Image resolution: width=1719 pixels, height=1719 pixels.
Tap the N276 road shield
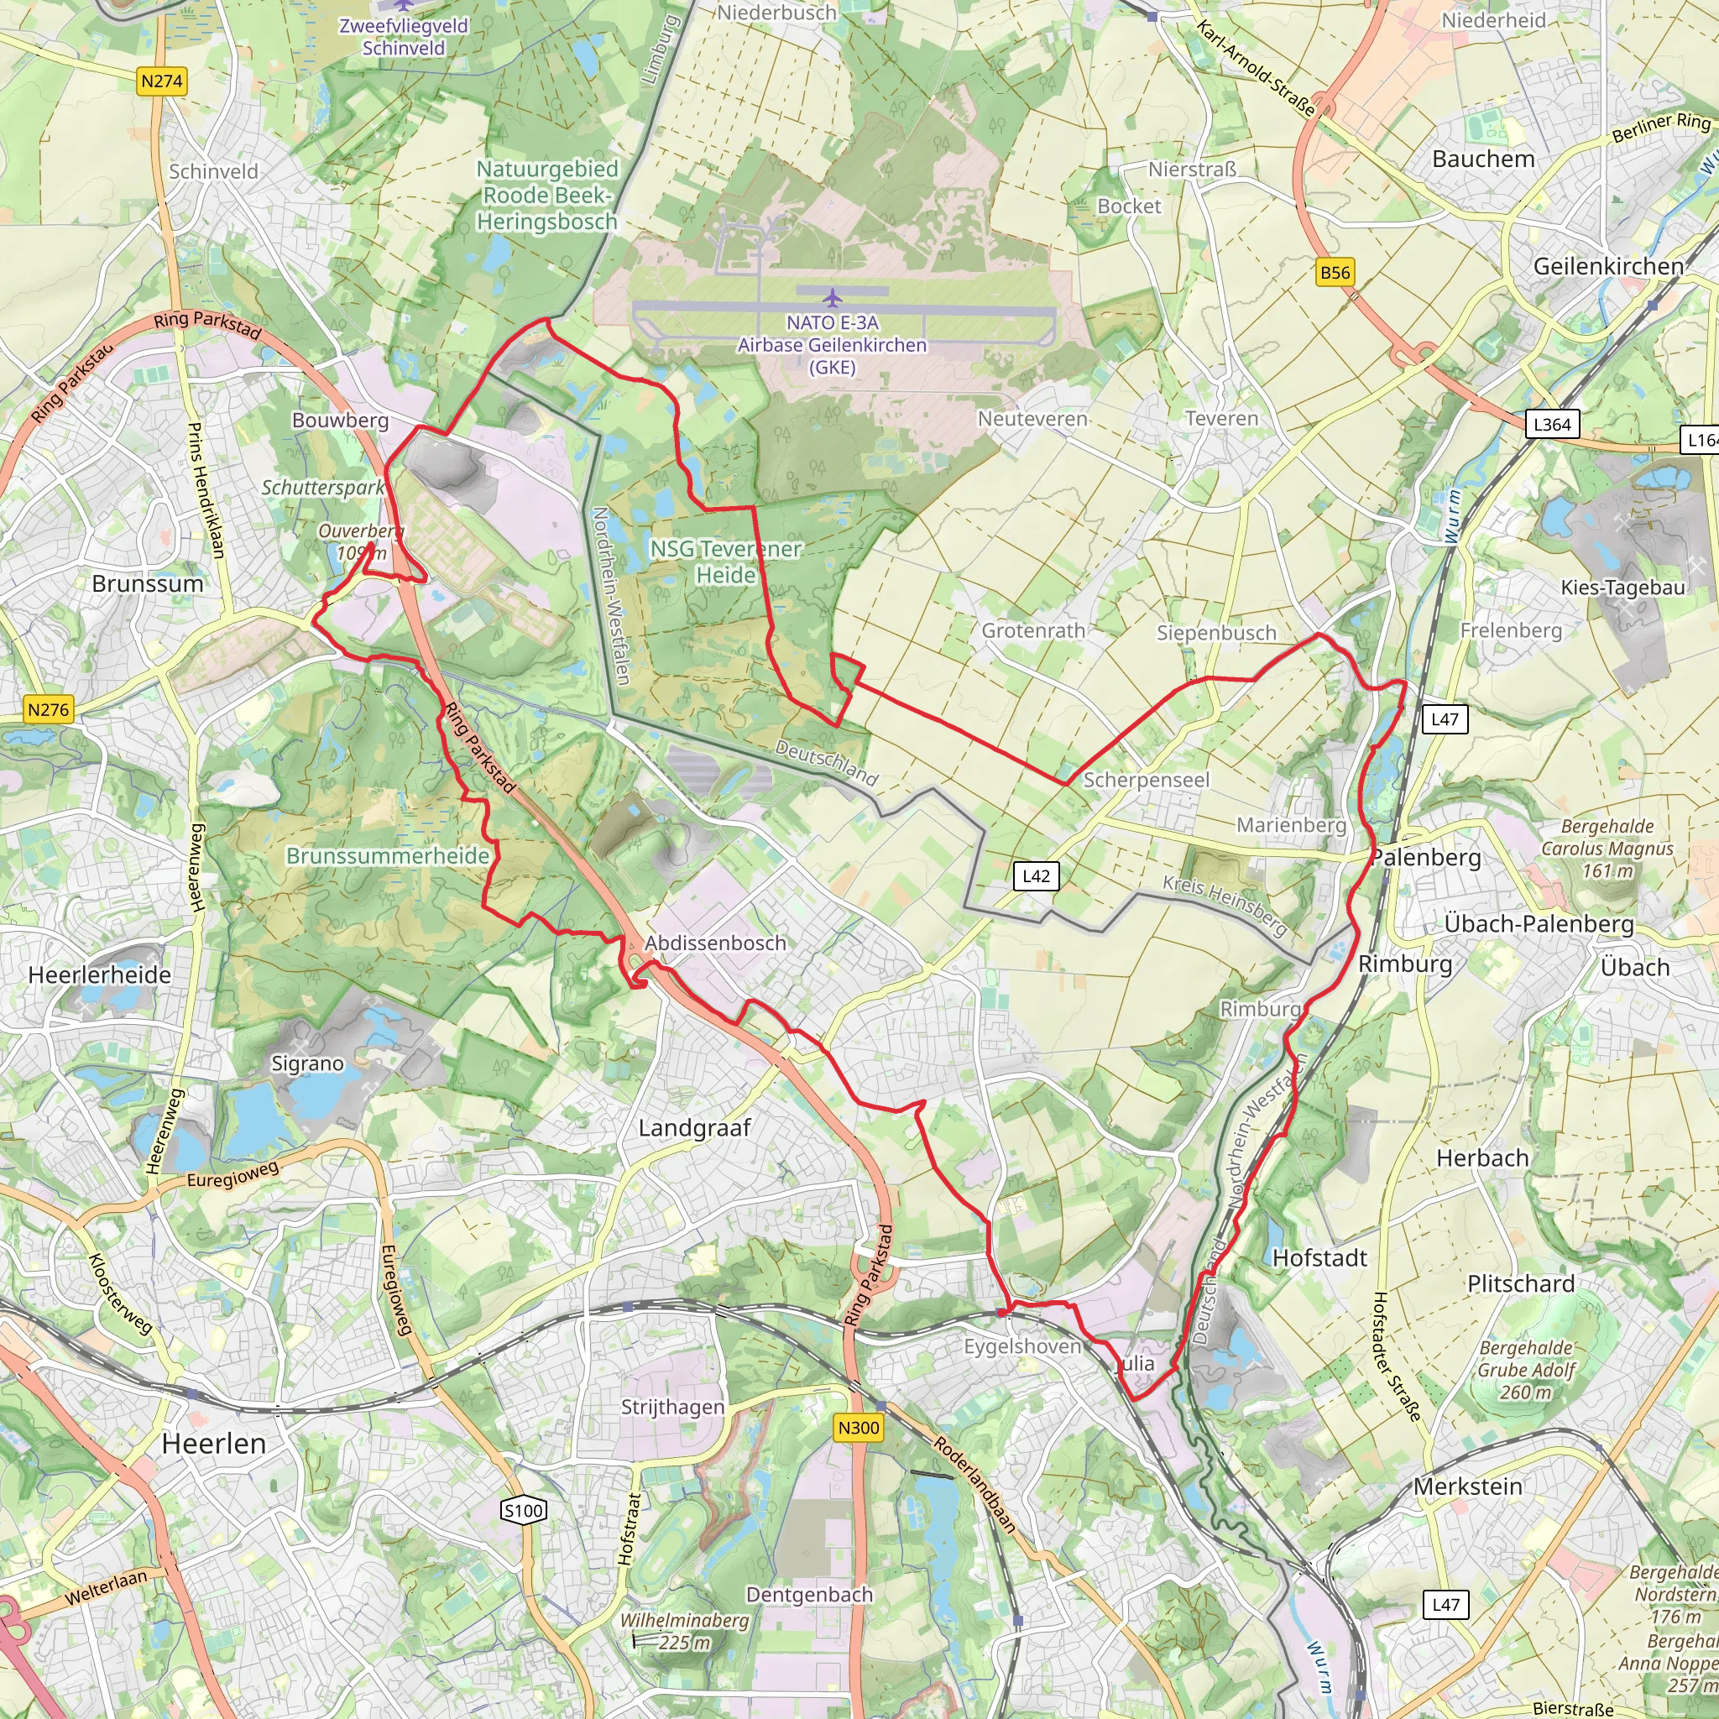tap(48, 710)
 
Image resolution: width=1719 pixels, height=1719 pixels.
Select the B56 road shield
tap(1335, 272)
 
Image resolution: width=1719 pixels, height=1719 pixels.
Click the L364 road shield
tap(1552, 425)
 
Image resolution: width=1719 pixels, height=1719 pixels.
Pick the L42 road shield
tap(1036, 875)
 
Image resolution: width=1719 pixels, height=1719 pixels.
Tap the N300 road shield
tap(859, 1428)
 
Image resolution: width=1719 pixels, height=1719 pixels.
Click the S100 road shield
tap(523, 1510)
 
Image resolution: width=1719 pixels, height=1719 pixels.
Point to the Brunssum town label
tap(148, 583)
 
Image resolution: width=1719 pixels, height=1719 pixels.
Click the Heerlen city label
tap(213, 1443)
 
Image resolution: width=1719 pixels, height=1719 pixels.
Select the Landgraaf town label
tap(695, 1128)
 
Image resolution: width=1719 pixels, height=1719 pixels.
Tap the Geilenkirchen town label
tap(1607, 266)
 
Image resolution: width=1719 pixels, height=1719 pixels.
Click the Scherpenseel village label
tap(1146, 780)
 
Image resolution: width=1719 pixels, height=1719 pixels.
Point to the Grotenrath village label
tap(1033, 630)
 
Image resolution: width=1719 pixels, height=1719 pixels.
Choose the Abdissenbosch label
tap(715, 943)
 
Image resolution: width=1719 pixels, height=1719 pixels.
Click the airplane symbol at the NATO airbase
tap(832, 296)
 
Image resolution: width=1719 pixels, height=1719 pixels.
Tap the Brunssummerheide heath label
tap(387, 855)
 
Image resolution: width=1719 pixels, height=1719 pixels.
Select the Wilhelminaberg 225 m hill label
tap(683, 1631)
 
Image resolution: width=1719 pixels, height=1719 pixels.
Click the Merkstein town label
tap(1467, 1486)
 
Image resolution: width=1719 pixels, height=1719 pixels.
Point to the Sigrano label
tap(307, 1063)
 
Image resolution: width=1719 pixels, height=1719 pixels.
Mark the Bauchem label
tap(1483, 159)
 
